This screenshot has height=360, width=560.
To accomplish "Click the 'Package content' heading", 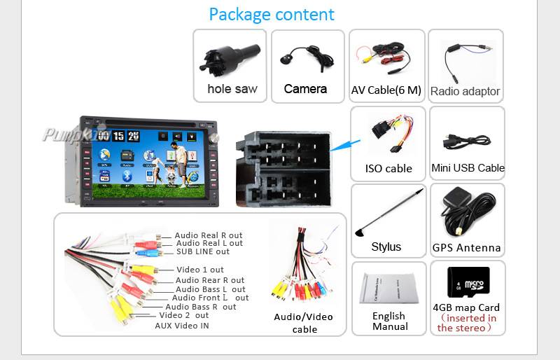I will (x=272, y=14).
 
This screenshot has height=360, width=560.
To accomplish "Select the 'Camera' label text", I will (x=305, y=89).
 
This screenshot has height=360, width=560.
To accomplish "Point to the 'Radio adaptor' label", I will (x=465, y=91).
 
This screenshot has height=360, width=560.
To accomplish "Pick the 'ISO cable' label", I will (x=388, y=168).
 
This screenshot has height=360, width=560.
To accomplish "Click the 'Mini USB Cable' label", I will (x=468, y=168).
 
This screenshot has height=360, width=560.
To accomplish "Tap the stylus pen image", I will (x=388, y=210).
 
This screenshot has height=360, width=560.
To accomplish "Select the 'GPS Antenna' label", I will (x=466, y=247).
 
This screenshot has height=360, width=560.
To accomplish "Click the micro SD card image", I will (x=468, y=280).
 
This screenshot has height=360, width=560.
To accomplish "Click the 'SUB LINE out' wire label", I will (x=203, y=251).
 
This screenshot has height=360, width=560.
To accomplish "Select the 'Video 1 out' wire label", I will (x=200, y=270).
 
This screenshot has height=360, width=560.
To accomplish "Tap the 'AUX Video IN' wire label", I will (x=181, y=325).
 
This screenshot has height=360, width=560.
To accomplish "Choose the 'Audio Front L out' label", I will (x=210, y=298).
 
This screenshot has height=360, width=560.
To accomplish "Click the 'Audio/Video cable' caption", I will (x=304, y=323).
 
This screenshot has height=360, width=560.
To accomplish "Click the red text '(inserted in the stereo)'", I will (x=467, y=323).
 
